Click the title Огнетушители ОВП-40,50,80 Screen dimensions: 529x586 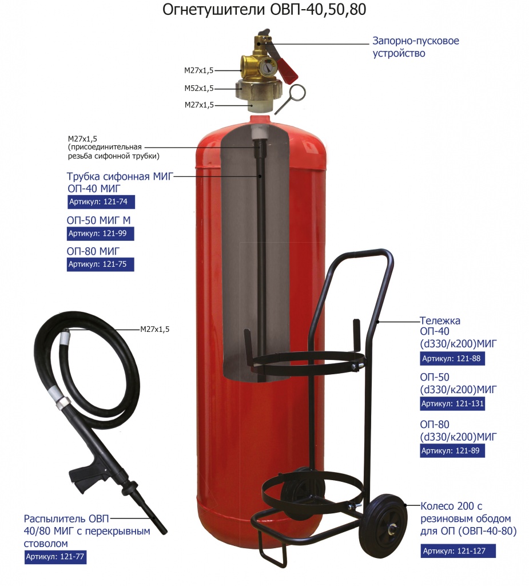coord(264,10)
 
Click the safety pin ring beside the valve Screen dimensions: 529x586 coord(297,92)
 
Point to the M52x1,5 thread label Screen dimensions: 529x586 coord(199,89)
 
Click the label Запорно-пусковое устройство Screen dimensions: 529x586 coord(415,47)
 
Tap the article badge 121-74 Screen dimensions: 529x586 coord(101,202)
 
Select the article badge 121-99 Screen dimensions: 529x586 coord(100,233)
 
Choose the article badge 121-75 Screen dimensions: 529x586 coord(100,264)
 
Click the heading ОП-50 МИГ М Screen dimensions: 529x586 coord(98,220)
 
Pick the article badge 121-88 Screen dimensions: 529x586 coord(452,359)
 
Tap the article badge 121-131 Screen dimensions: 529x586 coord(452,404)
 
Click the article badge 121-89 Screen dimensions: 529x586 coord(452,451)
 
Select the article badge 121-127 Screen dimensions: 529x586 coord(458,551)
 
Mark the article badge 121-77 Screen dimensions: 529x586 coord(55,557)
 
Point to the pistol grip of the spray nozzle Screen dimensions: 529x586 coord(84,475)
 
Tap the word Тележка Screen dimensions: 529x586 coord(440,320)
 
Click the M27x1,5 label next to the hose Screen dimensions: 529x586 coord(154,329)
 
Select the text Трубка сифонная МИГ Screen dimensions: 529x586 coord(120,176)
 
